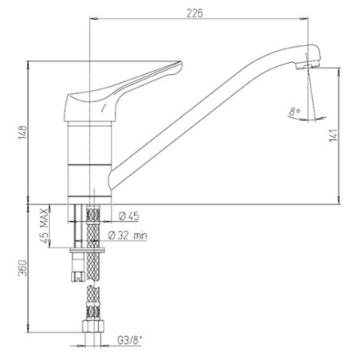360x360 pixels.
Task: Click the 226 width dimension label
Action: [x=194, y=13]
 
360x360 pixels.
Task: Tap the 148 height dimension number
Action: [x=23, y=132]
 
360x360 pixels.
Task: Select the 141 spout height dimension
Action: [x=334, y=135]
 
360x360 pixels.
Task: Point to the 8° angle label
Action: [x=294, y=112]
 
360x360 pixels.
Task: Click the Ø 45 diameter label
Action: [x=129, y=216]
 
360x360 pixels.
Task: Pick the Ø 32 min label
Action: [x=127, y=235]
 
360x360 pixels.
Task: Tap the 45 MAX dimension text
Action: [x=45, y=225]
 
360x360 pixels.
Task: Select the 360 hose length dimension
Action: [x=23, y=268]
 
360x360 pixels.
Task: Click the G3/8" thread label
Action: [x=130, y=340]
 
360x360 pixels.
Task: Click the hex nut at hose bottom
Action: [x=93, y=326]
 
